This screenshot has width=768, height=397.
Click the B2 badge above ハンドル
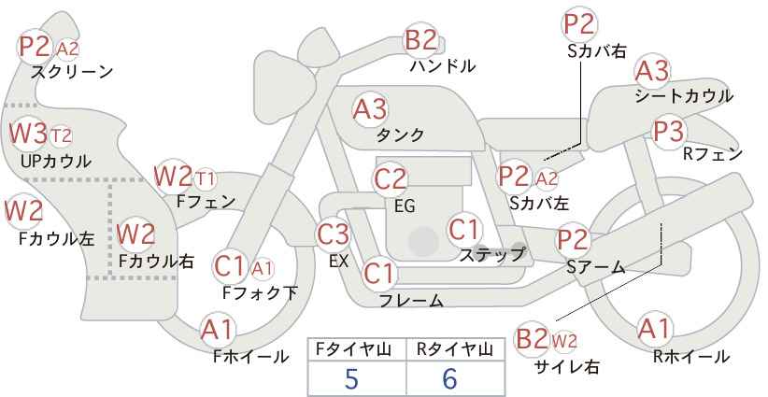[x=420, y=39]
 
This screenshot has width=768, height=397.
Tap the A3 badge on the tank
[x=370, y=109]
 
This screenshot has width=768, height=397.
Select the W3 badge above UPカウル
[x=28, y=134]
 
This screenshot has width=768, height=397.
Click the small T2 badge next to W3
[x=62, y=135]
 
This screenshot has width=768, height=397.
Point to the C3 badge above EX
[x=333, y=234]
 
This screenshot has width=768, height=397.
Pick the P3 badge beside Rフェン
[x=669, y=132]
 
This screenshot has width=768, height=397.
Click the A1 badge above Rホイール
[x=654, y=329]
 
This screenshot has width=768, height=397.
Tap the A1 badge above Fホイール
[x=218, y=330]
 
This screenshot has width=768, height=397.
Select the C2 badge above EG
[x=390, y=179]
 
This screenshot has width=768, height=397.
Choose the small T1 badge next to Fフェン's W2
[x=205, y=179]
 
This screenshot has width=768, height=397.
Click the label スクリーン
[x=72, y=72]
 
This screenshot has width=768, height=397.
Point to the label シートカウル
[x=684, y=96]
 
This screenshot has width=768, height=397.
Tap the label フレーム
[x=411, y=300]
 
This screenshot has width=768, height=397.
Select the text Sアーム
[x=596, y=267]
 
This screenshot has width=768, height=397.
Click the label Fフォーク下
[x=260, y=292]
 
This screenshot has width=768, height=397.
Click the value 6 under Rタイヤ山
[x=449, y=378]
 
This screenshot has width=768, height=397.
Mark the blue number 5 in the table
[x=351, y=378]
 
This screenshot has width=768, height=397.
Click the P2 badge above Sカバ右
[x=579, y=24]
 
